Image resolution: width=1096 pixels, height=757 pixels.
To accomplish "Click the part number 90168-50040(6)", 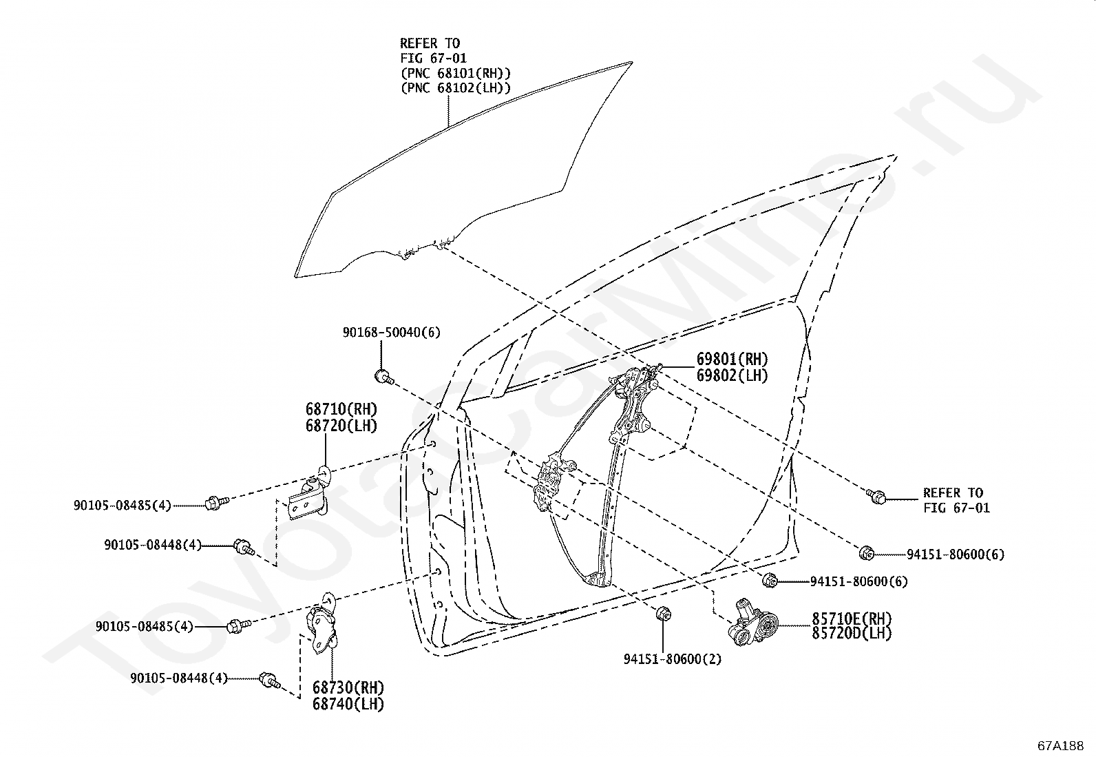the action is [392, 333].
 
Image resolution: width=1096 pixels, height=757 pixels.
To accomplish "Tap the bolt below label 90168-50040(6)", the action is [384, 377].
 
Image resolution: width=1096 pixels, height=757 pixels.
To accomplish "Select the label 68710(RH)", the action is [341, 409].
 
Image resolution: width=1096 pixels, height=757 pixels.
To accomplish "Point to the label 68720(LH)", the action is [341, 426].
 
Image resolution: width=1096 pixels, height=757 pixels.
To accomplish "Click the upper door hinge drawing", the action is [309, 494].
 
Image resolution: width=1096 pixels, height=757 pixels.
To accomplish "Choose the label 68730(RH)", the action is [348, 687].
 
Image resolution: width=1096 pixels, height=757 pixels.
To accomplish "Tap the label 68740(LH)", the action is [348, 704].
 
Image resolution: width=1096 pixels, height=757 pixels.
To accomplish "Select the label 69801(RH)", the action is [732, 359].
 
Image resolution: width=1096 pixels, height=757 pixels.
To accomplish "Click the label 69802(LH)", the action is [732, 375].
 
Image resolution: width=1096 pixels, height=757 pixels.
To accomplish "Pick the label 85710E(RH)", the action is [852, 618].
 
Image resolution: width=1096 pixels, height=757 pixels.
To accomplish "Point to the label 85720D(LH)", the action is [852, 633].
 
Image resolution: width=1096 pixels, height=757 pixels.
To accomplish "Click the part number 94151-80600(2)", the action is [673, 659].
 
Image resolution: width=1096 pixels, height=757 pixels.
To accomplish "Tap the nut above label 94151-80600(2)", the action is [662, 612].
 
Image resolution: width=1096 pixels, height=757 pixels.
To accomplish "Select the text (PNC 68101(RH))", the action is [456, 73].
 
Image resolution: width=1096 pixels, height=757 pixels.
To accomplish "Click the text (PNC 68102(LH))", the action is [456, 87].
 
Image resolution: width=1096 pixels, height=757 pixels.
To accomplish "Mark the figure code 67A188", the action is [1061, 746].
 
